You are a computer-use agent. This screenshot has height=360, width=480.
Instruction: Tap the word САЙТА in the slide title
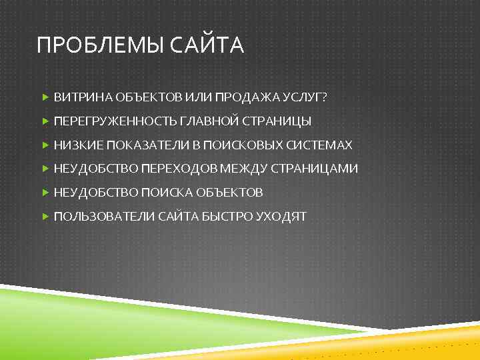point(207,46)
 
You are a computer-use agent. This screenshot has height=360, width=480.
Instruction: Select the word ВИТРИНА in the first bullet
point(83,97)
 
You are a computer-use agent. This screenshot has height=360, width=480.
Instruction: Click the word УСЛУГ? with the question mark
point(306,97)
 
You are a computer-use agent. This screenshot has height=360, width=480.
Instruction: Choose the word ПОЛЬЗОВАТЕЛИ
point(103,217)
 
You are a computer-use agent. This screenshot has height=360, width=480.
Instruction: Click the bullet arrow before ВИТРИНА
point(45,97)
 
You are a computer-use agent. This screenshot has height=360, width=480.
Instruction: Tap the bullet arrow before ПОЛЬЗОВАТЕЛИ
point(45,217)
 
